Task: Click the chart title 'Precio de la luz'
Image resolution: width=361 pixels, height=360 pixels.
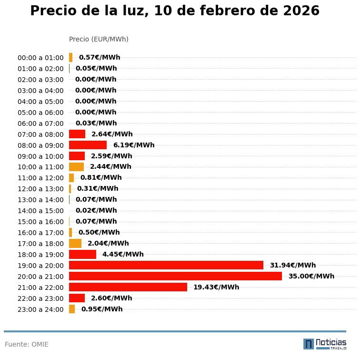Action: pos(174,11)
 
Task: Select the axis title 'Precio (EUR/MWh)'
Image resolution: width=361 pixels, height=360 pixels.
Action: pos(99,39)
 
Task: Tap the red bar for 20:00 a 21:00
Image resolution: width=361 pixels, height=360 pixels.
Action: pos(175,276)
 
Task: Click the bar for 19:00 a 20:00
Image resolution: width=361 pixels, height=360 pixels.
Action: pos(166,265)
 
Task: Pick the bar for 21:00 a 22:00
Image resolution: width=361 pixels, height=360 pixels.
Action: pos(128,287)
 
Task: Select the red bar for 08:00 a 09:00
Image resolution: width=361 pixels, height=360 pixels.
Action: pos(88,145)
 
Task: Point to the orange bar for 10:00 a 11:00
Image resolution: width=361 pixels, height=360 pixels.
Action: pos(76,167)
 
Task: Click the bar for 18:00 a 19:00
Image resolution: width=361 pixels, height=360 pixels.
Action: pos(82,254)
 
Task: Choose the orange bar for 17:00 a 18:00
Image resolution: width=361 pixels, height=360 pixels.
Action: pos(75,243)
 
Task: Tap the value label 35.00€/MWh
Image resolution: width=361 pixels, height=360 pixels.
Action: pos(311,276)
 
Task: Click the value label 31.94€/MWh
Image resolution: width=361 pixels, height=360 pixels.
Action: pos(292,265)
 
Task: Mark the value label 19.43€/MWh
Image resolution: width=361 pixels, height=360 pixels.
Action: pos(216,287)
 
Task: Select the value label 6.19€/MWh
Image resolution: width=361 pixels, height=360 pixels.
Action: pos(133,145)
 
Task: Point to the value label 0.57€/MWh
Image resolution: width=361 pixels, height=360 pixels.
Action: pos(99,57)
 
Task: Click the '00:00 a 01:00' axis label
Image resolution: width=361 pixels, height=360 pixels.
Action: pos(40,58)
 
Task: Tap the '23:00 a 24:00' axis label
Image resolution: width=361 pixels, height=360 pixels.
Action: pos(40,309)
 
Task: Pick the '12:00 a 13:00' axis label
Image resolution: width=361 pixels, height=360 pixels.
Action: pos(40,189)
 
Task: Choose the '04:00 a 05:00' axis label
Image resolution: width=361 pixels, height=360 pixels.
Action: pos(40,102)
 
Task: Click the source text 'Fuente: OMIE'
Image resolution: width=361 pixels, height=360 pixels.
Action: pos(27,344)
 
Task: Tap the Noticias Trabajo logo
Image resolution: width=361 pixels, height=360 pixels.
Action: pos(325,344)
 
